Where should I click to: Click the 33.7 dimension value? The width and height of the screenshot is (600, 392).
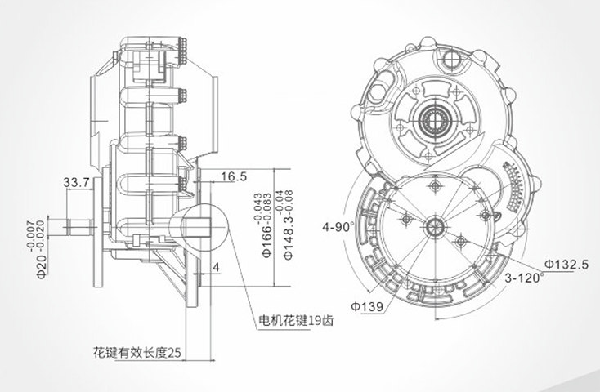pos(77,182)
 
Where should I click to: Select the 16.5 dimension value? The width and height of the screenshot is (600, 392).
pos(233,176)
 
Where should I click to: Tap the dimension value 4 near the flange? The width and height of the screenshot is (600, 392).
pos(216,267)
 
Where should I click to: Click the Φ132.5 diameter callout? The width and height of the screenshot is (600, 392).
pos(566,264)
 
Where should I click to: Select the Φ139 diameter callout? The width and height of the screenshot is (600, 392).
pos(367,305)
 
